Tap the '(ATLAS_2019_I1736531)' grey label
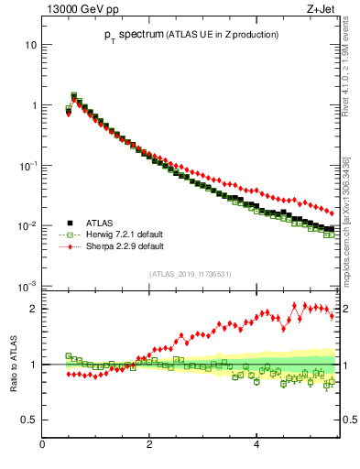(x=190, y=274)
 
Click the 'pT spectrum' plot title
(x=188, y=35)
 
